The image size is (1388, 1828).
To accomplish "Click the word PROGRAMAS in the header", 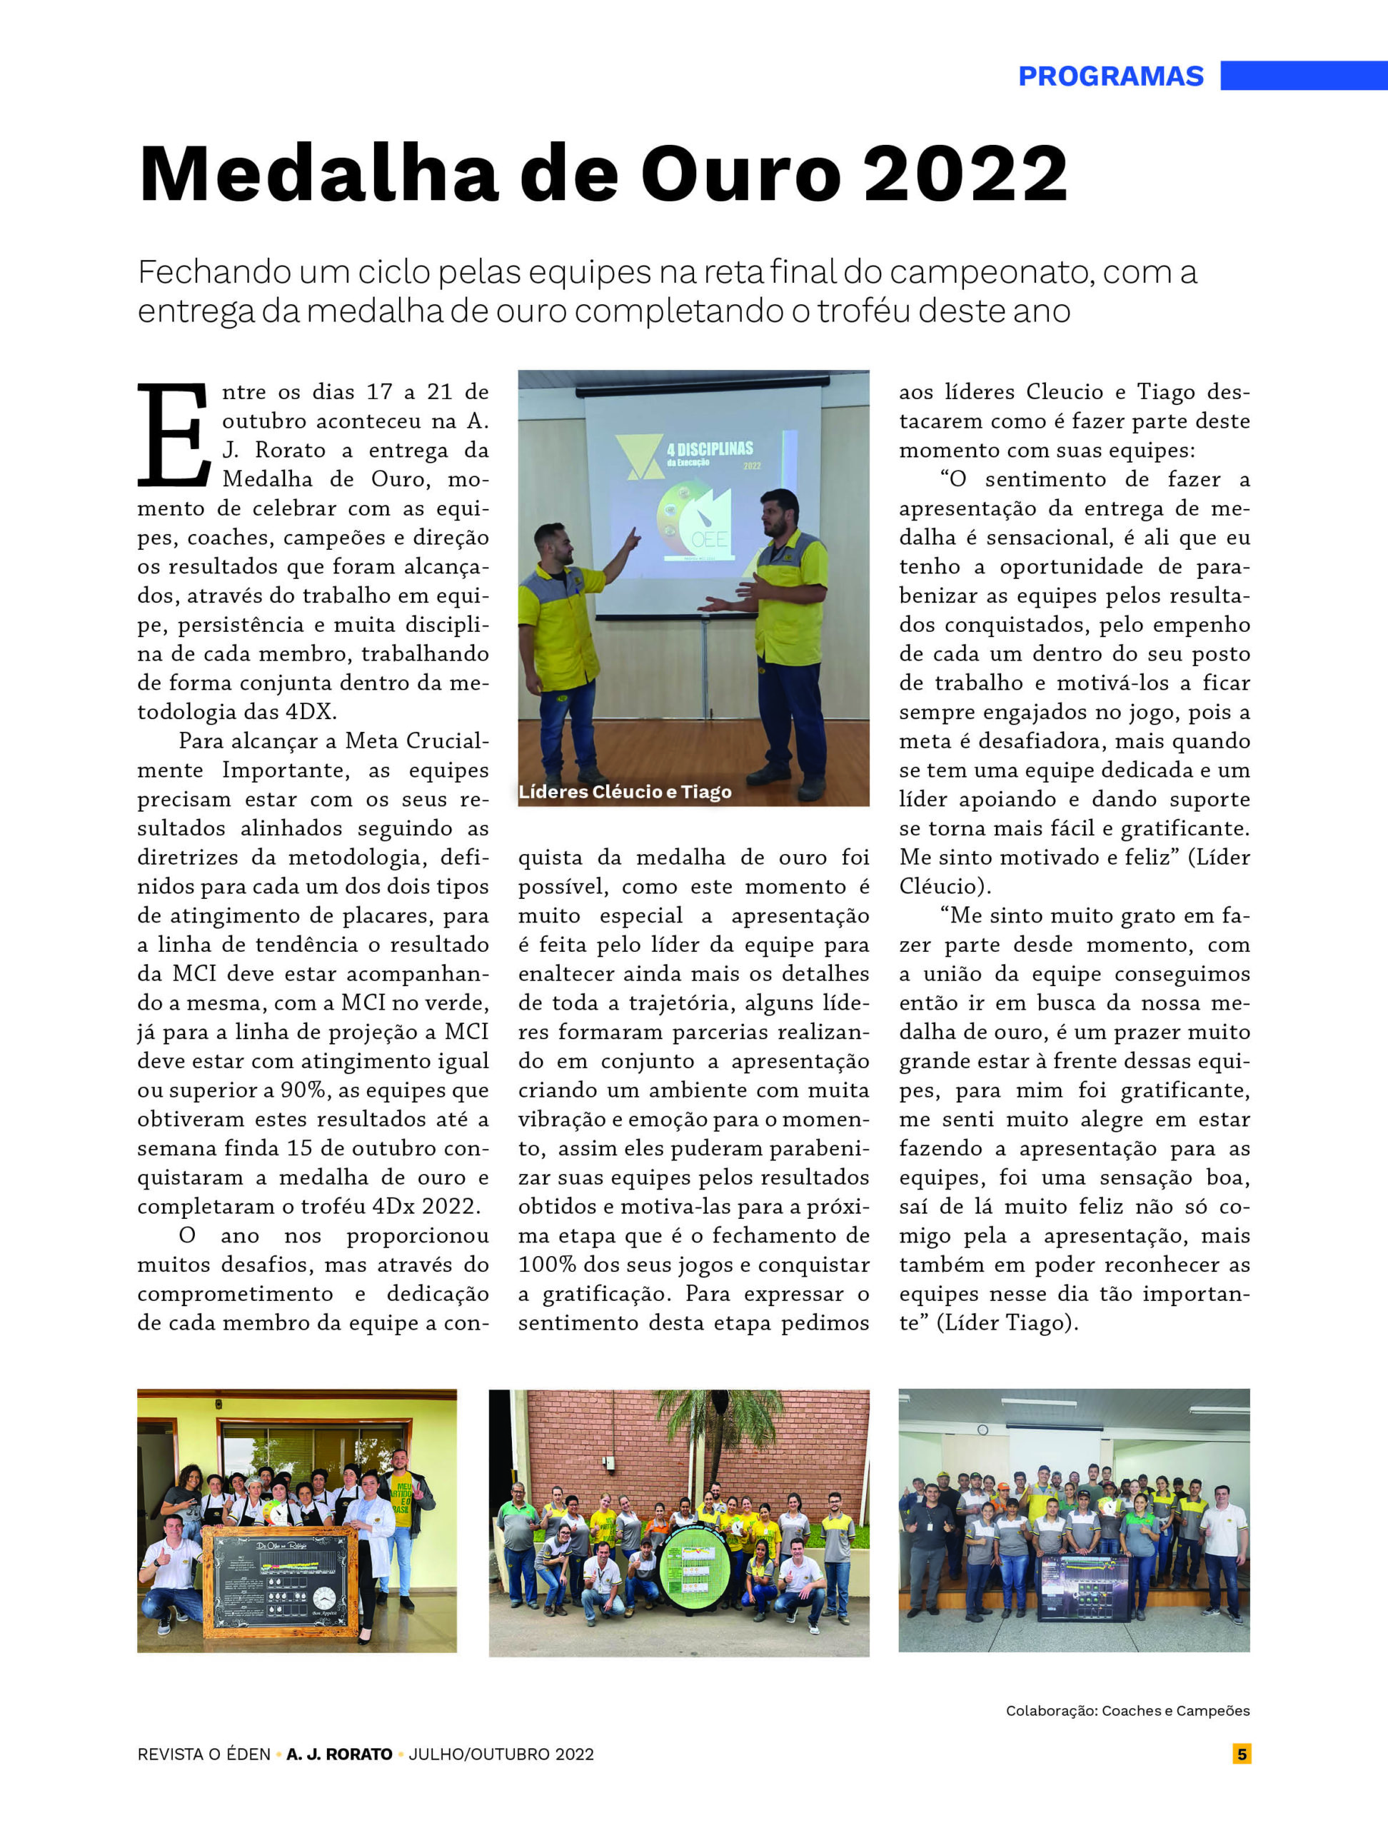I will click(1110, 76).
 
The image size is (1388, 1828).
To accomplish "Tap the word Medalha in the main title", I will click(318, 174).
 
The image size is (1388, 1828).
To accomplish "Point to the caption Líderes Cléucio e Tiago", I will click(625, 792).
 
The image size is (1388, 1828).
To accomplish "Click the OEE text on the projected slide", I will click(709, 540).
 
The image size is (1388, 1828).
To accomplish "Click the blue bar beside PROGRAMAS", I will click(1303, 75).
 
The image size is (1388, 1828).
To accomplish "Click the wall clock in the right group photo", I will click(982, 1430).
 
